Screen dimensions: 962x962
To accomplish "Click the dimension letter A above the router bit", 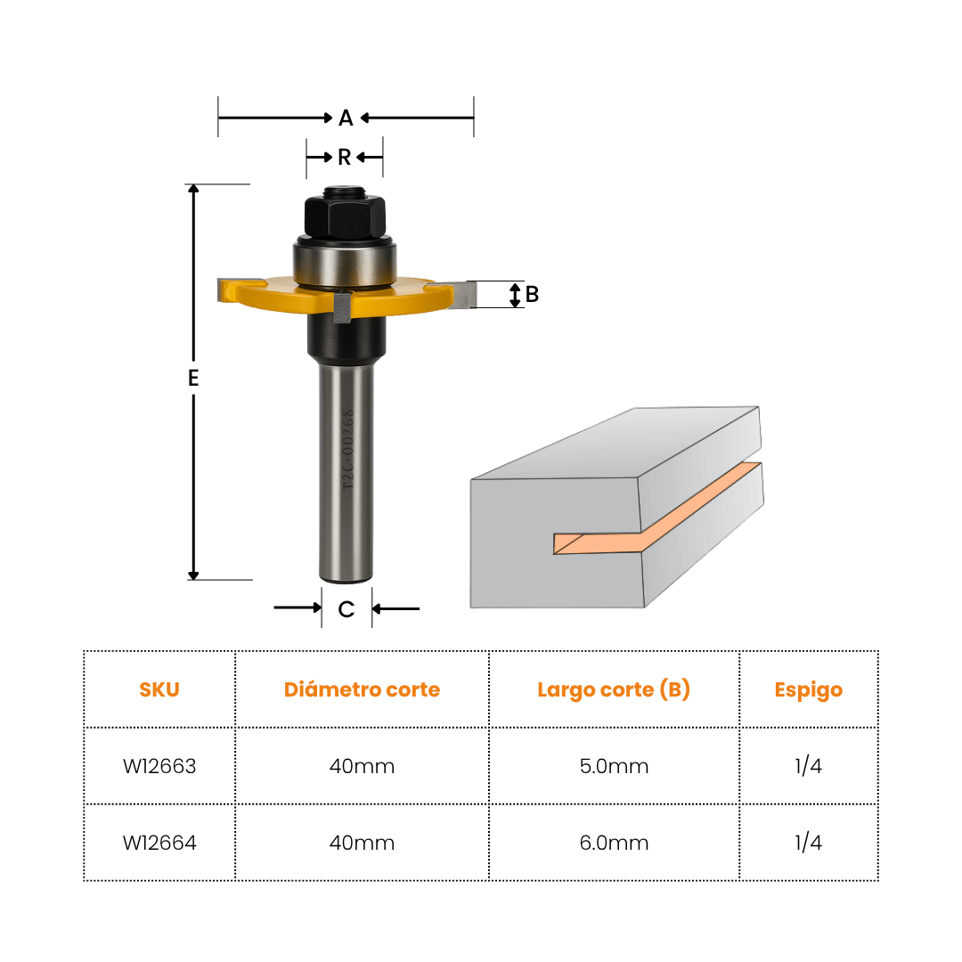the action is pyautogui.click(x=346, y=118).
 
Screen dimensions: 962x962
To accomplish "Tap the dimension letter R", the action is pyautogui.click(x=344, y=158).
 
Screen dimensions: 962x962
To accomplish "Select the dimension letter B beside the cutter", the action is pyautogui.click(x=532, y=295).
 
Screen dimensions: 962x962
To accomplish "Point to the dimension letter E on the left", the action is pyautogui.click(x=193, y=378).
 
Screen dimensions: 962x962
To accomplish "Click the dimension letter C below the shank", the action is pyautogui.click(x=346, y=609).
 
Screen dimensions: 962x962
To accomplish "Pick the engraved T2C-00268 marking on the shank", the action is pyautogui.click(x=348, y=450).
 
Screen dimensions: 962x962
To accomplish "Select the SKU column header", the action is pyautogui.click(x=159, y=689).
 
